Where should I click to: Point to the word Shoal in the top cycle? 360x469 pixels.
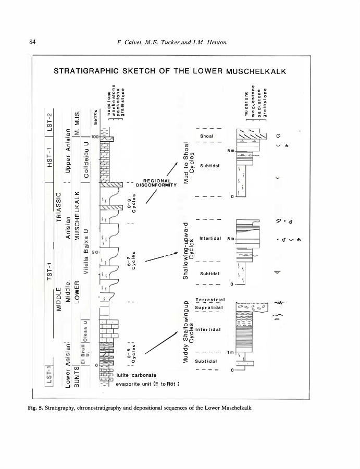(x=207, y=136)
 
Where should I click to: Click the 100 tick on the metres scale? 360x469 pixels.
(x=95, y=137)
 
